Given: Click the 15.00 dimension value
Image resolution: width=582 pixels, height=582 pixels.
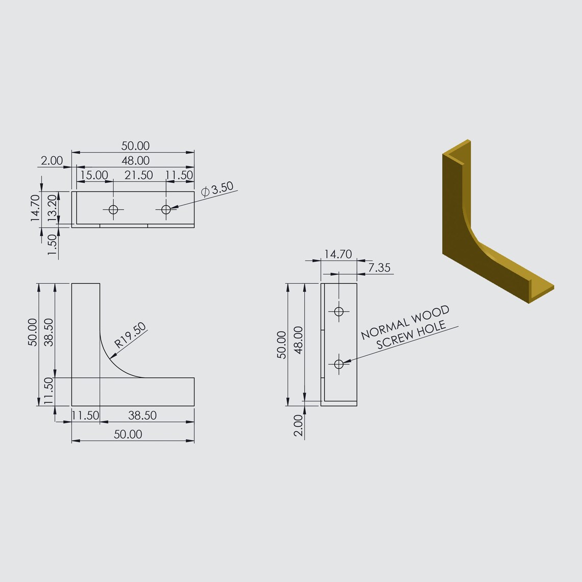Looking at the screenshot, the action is (x=94, y=175).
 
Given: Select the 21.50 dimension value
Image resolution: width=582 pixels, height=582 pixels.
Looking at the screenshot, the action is (x=138, y=175).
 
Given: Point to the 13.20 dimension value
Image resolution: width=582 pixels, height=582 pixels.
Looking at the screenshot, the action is (x=53, y=208).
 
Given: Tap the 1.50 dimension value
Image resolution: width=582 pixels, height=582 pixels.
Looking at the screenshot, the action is (x=53, y=245).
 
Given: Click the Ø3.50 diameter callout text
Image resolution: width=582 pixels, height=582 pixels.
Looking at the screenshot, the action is (x=217, y=189).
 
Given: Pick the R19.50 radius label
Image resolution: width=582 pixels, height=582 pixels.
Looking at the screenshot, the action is (x=130, y=335).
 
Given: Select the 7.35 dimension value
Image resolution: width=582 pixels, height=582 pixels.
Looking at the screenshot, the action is (x=379, y=267).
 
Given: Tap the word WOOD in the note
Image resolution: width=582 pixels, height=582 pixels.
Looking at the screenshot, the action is (x=430, y=313).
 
